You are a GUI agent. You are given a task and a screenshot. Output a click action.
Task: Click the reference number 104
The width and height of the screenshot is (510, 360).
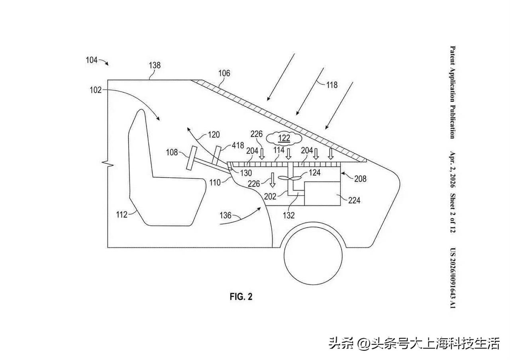[92, 60]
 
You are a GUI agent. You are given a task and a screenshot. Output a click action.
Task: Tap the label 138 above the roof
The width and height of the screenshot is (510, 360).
[155, 65]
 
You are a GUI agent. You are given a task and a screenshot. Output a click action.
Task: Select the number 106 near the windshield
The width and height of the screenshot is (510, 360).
[224, 73]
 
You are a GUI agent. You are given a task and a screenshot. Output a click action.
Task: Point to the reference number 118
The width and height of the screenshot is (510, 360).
[332, 85]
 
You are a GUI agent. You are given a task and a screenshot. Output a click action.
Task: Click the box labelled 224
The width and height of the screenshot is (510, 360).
[323, 194]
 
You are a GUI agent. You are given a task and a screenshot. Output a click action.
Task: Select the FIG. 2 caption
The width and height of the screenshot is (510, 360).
[241, 297]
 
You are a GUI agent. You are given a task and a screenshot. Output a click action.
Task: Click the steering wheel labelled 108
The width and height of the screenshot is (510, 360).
[191, 158]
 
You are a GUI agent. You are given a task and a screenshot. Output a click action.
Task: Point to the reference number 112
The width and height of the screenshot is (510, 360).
[122, 215]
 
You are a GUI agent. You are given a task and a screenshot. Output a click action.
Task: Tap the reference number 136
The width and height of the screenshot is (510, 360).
[226, 215]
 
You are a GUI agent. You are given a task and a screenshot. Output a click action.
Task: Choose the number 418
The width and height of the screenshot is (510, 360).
[238, 145]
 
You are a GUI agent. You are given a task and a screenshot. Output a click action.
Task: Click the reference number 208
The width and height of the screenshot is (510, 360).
[360, 179]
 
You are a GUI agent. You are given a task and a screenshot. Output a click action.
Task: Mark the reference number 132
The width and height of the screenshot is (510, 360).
[289, 215]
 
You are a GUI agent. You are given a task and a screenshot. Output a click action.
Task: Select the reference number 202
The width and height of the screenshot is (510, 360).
[270, 196]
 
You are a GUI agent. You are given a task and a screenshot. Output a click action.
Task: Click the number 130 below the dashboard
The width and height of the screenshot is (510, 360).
[246, 173]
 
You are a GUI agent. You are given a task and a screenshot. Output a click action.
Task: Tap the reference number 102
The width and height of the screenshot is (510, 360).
[96, 90]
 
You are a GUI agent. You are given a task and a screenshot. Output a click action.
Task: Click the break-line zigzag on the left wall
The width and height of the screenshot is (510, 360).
[108, 163]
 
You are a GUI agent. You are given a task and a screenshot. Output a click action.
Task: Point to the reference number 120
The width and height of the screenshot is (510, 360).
[214, 135]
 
